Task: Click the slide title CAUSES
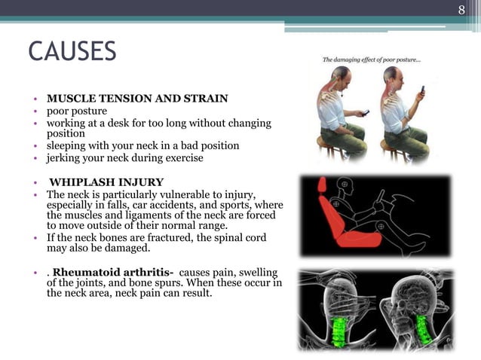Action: point(72,52)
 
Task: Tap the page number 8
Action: point(462,10)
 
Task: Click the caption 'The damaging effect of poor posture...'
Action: point(372,59)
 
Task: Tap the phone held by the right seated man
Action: point(422,92)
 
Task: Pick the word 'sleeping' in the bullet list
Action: point(67,145)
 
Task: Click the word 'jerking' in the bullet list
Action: point(64,157)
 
